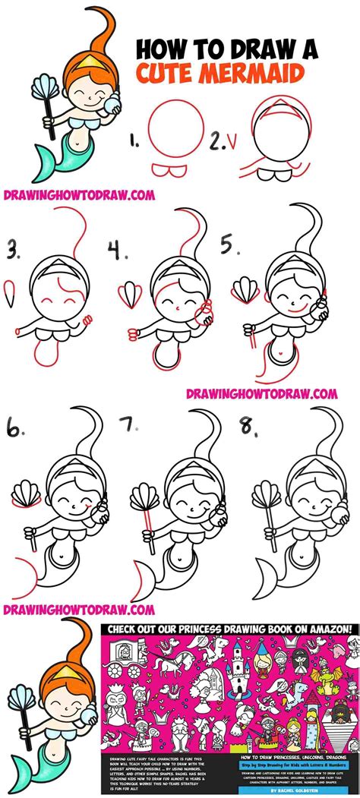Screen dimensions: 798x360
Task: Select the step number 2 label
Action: (217, 140)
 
